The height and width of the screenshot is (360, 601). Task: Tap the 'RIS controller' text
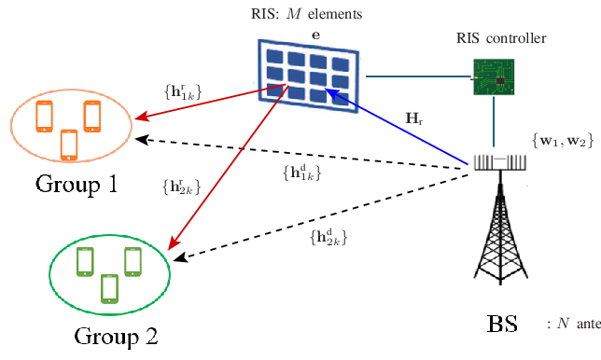495,38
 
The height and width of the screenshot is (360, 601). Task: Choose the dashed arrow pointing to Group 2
317,209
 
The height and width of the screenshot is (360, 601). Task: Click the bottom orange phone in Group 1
68,143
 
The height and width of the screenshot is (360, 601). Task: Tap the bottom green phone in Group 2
109,288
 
